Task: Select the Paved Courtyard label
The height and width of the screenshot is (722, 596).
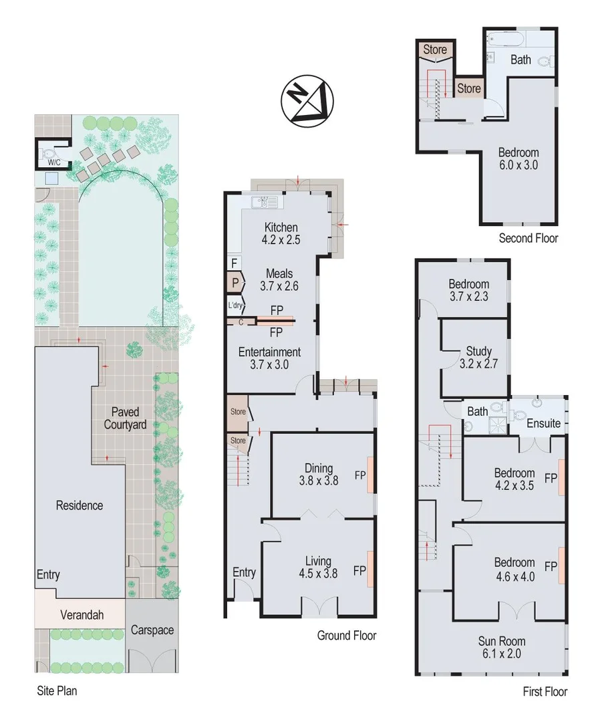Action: pos(125,418)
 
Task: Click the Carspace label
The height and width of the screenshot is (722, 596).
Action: pos(152,630)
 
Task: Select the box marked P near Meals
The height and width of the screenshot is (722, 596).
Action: pos(235,283)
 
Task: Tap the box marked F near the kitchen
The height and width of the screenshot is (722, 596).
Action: pos(235,263)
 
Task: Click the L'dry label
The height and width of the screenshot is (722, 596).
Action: pos(235,306)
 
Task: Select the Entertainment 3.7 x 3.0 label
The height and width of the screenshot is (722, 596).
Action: pos(270,358)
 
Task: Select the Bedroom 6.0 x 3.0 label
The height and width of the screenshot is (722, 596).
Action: pos(518,158)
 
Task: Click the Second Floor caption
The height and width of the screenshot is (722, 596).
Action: pos(528,238)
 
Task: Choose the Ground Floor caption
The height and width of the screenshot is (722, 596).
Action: pos(346,635)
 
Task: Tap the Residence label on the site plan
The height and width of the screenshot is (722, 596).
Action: pos(80,505)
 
